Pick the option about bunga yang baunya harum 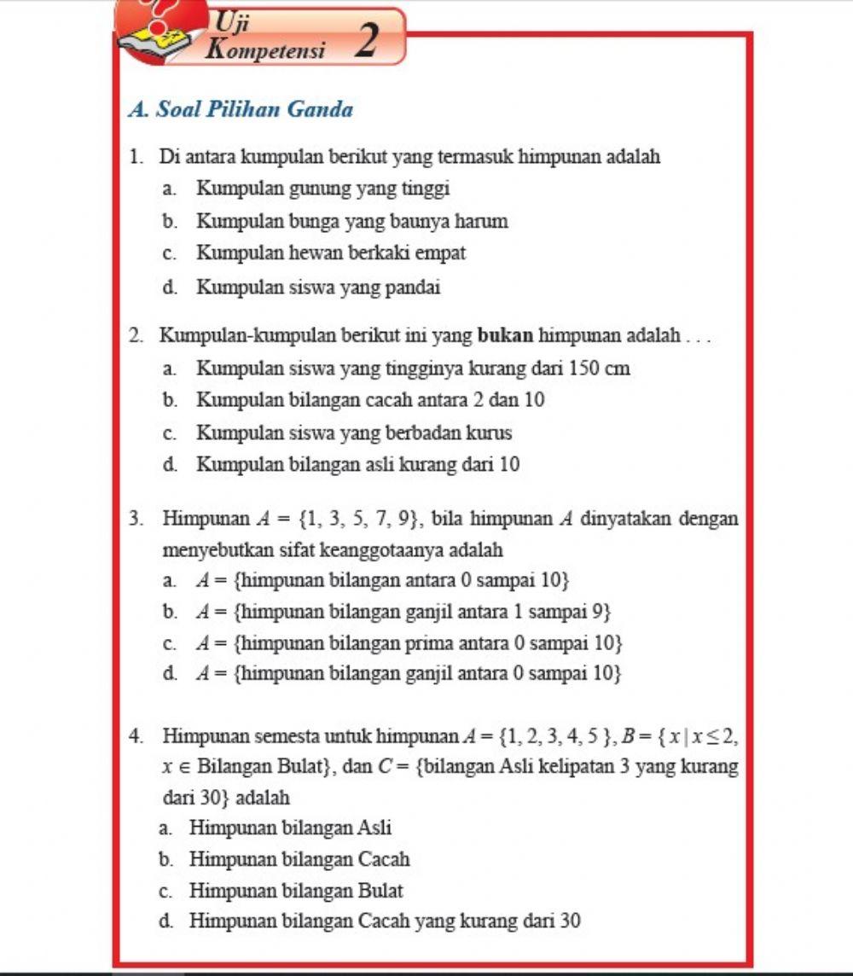351,222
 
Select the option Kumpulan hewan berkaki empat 331,253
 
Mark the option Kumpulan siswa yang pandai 318,288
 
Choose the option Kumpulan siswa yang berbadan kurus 354,433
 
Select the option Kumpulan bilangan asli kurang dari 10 358,465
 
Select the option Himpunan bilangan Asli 290,827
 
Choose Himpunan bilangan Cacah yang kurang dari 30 385,921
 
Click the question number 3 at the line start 136,518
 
